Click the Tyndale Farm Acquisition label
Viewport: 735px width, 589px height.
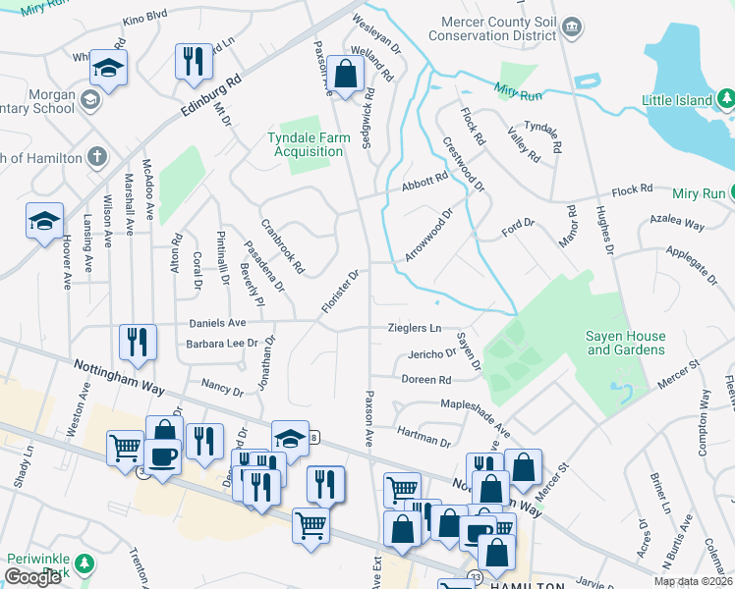(x=307, y=145)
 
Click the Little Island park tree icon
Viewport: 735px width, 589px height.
(x=725, y=99)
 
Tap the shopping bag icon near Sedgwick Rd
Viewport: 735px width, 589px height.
(x=345, y=74)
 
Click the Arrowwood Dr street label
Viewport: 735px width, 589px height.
(x=428, y=235)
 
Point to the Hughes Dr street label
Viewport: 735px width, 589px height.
(x=603, y=231)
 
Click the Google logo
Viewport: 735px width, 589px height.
(x=32, y=577)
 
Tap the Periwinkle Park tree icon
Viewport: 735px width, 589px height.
(x=85, y=562)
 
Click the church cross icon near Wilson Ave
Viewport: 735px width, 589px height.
(x=95, y=156)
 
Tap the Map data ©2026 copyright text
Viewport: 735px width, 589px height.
(x=693, y=581)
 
